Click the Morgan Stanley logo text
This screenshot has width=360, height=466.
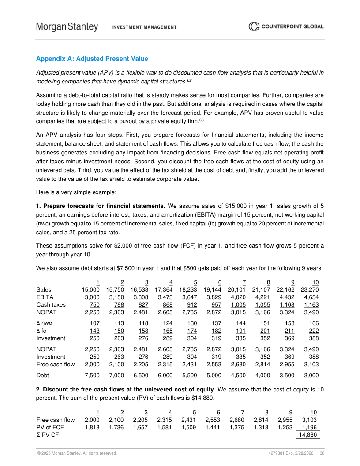pos(67,27)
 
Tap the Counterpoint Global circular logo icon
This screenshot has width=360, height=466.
pos(254,27)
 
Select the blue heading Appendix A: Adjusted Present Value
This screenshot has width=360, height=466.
pos(92,59)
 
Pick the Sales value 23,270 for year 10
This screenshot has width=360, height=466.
pos(309,289)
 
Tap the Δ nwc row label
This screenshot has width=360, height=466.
pos(44,323)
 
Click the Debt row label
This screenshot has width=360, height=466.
pos(43,376)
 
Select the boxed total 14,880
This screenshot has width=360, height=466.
pos(307,435)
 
